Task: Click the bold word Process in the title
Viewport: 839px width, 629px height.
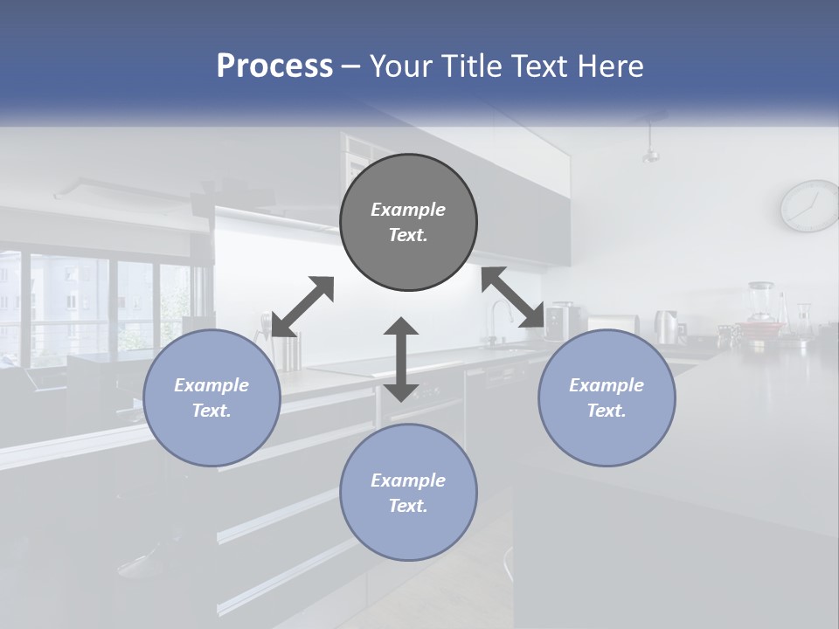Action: coord(274,66)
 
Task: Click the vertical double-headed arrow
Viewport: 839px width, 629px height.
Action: coord(401,359)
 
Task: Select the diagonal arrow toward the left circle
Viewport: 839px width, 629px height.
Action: coord(302,306)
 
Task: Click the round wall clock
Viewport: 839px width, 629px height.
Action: coord(809,206)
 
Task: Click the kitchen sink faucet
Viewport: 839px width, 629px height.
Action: coord(497,320)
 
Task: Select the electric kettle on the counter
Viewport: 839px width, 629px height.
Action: coord(668,327)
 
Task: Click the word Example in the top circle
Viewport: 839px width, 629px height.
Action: coord(408,210)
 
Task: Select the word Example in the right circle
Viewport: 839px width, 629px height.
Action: coord(607,385)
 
